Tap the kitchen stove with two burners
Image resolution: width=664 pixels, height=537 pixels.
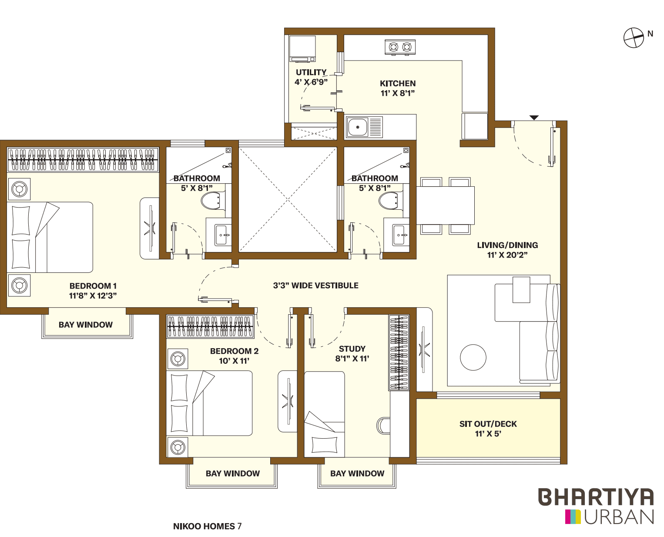pyautogui.click(x=400, y=47)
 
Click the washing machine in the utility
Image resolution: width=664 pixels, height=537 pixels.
pyautogui.click(x=302, y=49)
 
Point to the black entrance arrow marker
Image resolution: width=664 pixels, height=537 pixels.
pyautogui.click(x=534, y=118)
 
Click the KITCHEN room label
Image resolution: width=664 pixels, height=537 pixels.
pyautogui.click(x=398, y=83)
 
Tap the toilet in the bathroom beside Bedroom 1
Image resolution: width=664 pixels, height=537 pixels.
pyautogui.click(x=211, y=201)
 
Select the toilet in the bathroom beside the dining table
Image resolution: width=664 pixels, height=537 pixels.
pyautogui.click(x=389, y=201)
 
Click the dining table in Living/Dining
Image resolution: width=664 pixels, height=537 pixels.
pyautogui.click(x=445, y=205)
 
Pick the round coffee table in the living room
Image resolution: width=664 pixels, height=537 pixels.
pyautogui.click(x=473, y=357)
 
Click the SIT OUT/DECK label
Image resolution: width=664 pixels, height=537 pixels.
pyautogui.click(x=488, y=424)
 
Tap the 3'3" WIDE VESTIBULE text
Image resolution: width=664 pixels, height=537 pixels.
pyautogui.click(x=315, y=285)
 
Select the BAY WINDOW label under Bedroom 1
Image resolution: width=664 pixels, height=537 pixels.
pyautogui.click(x=86, y=325)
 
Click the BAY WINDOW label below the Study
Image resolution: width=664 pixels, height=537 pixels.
pyautogui.click(x=357, y=473)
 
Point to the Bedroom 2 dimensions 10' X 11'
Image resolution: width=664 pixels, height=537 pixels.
pyautogui.click(x=234, y=361)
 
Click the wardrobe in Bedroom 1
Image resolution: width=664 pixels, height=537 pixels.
pyautogui.click(x=83, y=160)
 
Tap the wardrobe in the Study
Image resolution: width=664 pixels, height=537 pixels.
pyautogui.click(x=399, y=352)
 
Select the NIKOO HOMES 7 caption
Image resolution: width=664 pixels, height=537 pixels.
pyautogui.click(x=207, y=526)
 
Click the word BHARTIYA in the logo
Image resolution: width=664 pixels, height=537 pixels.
pyautogui.click(x=596, y=497)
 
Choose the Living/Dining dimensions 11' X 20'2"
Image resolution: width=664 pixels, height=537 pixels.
pyautogui.click(x=507, y=255)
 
